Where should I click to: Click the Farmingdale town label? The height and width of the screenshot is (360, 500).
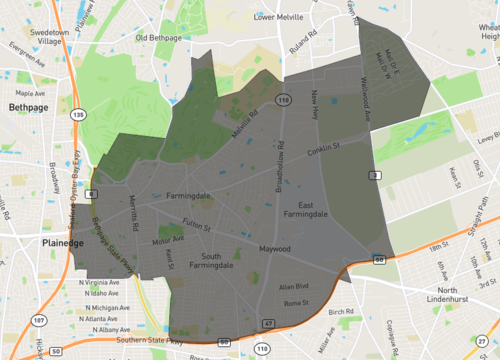188,196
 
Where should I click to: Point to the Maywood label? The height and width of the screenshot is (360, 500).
274,248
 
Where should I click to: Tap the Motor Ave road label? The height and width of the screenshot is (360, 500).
167,241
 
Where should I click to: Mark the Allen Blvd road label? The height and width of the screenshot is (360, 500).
293,287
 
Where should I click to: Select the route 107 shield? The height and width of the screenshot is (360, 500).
38,320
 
